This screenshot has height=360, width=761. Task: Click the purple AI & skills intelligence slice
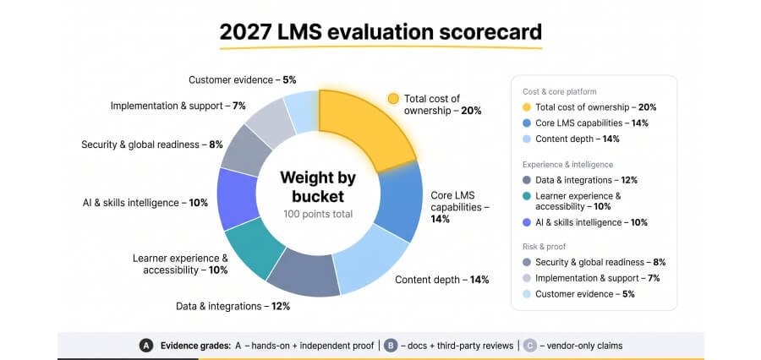[238, 199]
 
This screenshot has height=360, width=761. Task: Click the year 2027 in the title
[245, 31]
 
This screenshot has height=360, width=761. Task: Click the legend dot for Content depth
[527, 139]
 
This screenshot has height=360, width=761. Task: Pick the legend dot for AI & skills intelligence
[527, 222]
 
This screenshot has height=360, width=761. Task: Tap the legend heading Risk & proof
[544, 247]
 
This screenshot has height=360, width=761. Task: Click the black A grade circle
[146, 346]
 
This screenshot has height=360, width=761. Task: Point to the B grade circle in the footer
[391, 346]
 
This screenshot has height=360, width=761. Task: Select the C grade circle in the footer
[530, 346]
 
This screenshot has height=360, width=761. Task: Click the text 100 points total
[319, 214]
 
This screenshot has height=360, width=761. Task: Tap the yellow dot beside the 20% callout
[393, 99]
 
